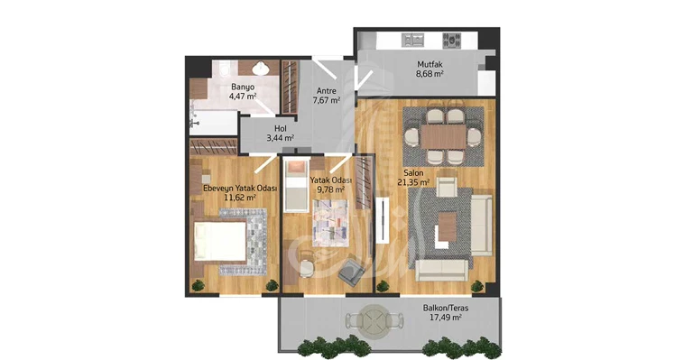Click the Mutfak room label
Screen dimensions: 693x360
[430, 64]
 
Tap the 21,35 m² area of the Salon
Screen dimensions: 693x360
[413, 182]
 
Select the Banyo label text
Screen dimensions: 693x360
[243, 87]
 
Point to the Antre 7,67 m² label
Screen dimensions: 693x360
[326, 96]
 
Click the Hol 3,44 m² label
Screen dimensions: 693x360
[281, 133]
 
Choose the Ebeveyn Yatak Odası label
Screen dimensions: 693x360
[240, 189]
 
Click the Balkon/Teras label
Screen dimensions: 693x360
[446, 308]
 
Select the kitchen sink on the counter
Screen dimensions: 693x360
[412, 41]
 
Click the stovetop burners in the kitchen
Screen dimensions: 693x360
[452, 41]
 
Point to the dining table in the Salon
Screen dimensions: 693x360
[443, 136]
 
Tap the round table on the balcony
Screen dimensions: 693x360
[374, 318]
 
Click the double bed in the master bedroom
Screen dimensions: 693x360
[220, 241]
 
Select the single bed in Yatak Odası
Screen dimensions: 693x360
[296, 186]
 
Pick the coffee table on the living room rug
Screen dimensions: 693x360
[447, 226]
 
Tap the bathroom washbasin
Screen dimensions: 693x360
[260, 69]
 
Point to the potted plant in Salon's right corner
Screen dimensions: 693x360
[476, 286]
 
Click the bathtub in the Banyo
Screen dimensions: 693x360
[214, 122]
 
